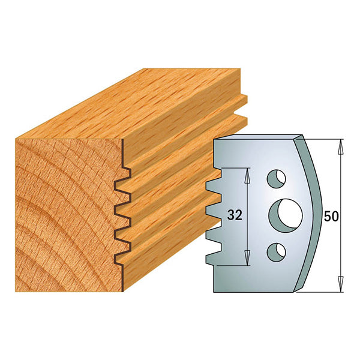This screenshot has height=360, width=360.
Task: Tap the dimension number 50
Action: tap(331, 217)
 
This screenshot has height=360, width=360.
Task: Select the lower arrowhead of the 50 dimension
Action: tap(341, 289)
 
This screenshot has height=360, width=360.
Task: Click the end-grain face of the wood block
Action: tap(66, 210)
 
